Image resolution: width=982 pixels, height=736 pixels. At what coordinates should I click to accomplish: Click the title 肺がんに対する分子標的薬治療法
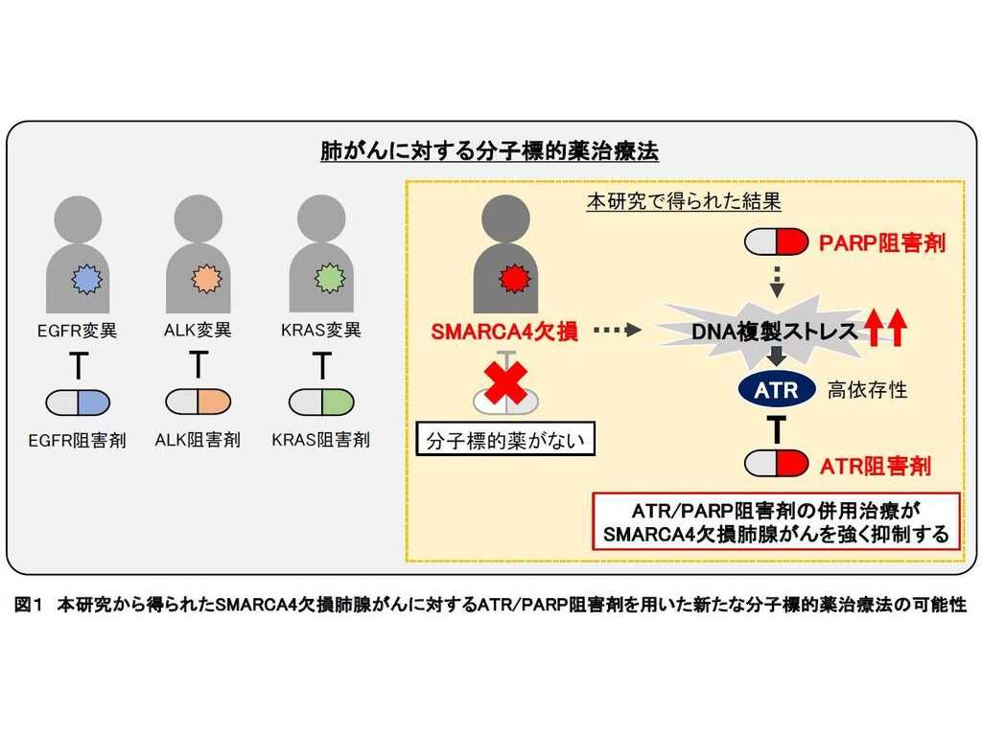[x=490, y=151]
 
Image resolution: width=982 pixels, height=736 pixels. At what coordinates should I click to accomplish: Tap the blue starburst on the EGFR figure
[x=86, y=278]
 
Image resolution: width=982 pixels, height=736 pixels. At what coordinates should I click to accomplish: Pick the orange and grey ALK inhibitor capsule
[x=198, y=402]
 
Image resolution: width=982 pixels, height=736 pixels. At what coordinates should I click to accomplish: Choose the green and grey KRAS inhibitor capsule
[x=321, y=402]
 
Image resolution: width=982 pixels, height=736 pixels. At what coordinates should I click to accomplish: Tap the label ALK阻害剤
[x=198, y=440]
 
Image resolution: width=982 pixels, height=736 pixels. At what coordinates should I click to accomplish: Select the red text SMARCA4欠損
[x=504, y=332]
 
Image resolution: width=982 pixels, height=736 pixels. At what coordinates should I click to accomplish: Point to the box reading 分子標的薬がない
[x=505, y=442]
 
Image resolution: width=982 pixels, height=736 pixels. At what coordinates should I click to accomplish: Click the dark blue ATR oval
[x=777, y=390]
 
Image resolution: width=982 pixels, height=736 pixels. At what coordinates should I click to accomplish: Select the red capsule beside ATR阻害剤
[x=777, y=465]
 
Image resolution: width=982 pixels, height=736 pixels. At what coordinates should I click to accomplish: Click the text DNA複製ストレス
[x=772, y=332]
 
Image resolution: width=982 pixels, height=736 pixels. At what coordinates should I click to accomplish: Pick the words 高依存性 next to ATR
[x=867, y=390]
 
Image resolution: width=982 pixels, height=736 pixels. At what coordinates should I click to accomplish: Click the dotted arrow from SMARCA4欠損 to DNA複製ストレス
[x=617, y=332]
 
